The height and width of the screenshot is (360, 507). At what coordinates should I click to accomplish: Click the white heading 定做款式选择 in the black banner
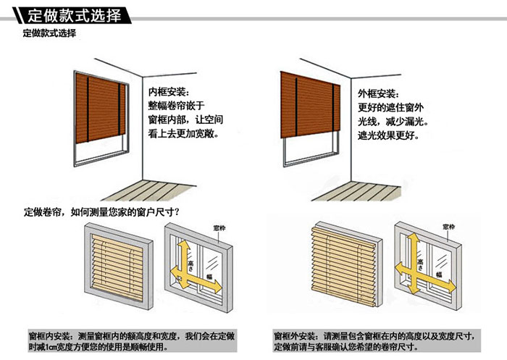click(x=69, y=15)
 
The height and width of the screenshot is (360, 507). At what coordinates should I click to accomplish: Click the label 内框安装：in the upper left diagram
click(x=168, y=93)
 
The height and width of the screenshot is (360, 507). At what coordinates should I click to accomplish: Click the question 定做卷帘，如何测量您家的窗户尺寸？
click(x=101, y=212)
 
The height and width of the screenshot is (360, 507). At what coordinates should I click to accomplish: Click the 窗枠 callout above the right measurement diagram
click(x=448, y=227)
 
